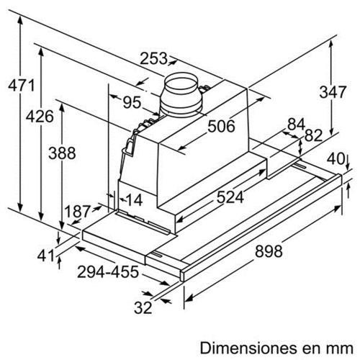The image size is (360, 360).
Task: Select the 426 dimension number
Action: coord(38,117)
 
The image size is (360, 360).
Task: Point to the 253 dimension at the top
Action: coord(153,59)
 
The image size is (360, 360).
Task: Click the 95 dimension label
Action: coord(130,102)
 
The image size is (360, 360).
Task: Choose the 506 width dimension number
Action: coord(221,127)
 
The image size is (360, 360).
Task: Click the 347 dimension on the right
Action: coord(333,91)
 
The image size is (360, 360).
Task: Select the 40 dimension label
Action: coord(336,158)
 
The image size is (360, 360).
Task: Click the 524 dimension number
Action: coord(226,196)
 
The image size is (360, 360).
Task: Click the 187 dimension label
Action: coord(76,212)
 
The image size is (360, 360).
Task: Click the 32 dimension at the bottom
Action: coord(144,308)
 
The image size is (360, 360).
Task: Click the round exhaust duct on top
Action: coord(181,95)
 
